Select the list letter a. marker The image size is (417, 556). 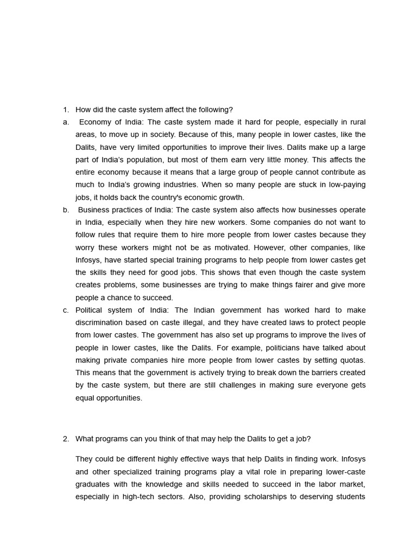click(65, 122)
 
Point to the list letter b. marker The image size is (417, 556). click(65, 210)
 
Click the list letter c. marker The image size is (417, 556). click(65, 310)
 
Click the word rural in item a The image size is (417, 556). click(356, 122)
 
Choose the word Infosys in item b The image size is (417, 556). click(88, 260)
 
